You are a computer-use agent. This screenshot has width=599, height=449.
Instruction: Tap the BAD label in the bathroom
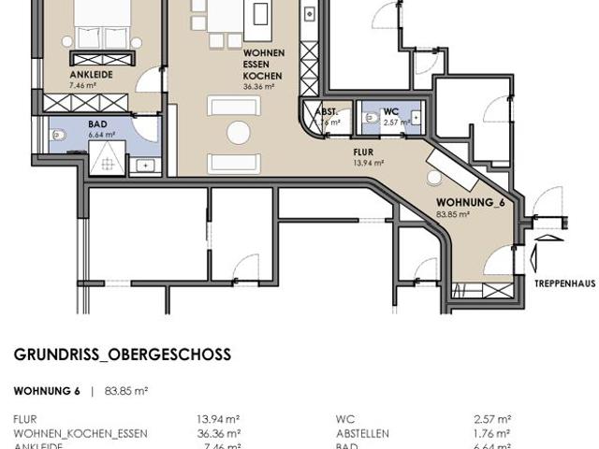(x=97, y=123)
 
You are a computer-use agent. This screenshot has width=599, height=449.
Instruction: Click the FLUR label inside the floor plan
(x=363, y=151)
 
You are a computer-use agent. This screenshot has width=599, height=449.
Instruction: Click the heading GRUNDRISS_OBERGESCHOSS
(x=122, y=355)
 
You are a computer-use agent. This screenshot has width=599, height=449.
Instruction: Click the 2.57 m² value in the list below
(x=491, y=420)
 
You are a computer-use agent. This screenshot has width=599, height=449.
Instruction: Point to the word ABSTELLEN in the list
(x=362, y=434)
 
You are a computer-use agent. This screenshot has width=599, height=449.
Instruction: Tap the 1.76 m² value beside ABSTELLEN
(x=491, y=434)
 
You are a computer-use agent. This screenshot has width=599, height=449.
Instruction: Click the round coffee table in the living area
(x=238, y=133)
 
